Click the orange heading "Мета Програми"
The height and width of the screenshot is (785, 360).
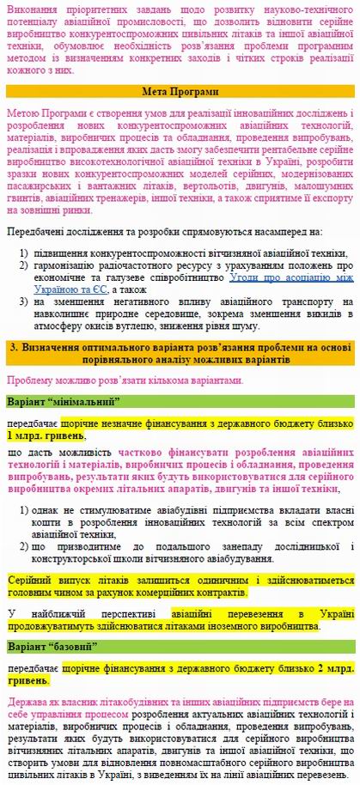(180, 91)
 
